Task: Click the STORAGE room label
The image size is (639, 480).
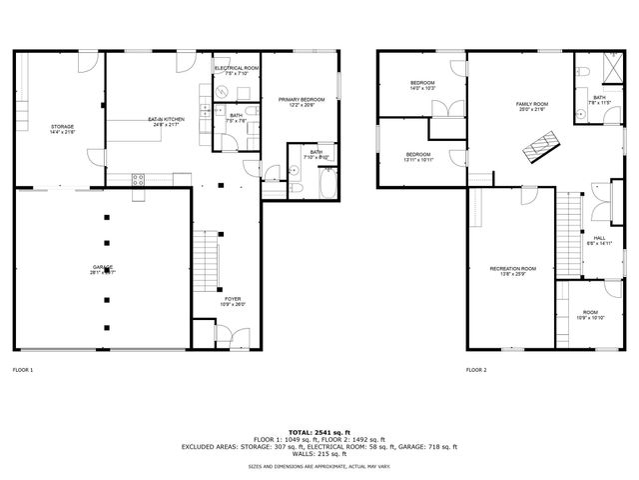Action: (x=63, y=128)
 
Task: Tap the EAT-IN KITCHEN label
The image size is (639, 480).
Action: (x=162, y=122)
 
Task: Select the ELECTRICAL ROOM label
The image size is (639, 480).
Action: (x=237, y=70)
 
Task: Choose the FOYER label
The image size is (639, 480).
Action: (x=233, y=301)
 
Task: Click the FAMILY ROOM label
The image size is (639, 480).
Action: (x=532, y=106)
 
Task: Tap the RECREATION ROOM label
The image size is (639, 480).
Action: (x=512, y=271)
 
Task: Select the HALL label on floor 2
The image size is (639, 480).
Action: (x=600, y=240)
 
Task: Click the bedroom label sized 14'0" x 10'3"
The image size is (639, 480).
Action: (x=423, y=85)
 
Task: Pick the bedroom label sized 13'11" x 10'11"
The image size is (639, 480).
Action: (x=417, y=156)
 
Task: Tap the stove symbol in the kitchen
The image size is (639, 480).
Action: (x=139, y=179)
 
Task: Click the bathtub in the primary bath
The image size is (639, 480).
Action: (x=325, y=187)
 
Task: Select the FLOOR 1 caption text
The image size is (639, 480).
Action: (x=23, y=370)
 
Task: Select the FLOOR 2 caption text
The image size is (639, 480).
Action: (x=476, y=370)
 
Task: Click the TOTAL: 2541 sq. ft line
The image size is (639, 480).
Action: (x=319, y=432)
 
